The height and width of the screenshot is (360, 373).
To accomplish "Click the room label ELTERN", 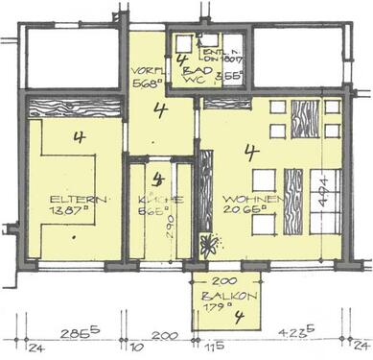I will tap(69, 200).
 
